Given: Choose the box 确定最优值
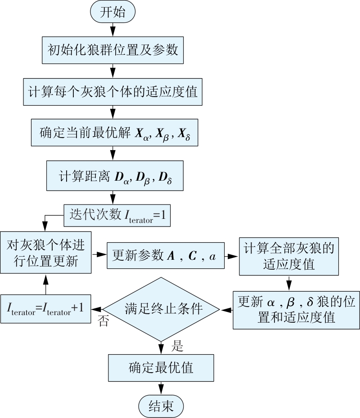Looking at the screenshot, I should pyautogui.click(x=161, y=367).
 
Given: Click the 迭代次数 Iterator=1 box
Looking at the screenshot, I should pyautogui.click(x=118, y=215).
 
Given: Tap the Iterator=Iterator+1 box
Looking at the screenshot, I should pyautogui.click(x=45, y=309).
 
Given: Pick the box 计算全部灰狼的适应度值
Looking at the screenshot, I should pyautogui.click(x=289, y=256).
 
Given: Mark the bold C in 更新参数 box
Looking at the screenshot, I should pyautogui.click(x=192, y=255).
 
